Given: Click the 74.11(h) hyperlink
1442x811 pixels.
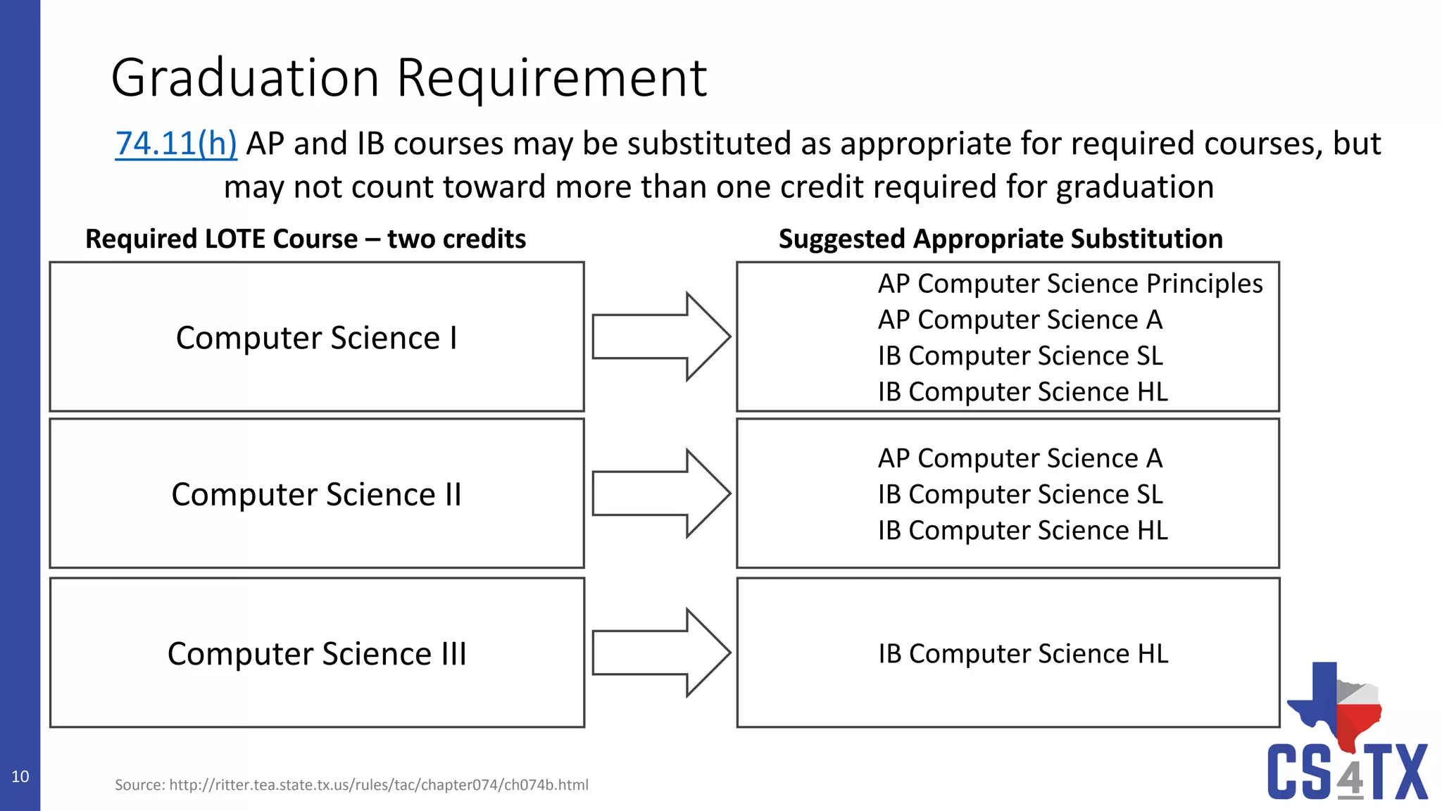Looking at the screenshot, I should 176,144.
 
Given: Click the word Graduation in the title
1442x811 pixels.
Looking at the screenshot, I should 245,77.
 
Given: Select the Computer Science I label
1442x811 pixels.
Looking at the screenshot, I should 316,338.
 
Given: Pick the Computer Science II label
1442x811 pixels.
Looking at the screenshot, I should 316,494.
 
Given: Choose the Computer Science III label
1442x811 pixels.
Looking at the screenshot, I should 316,654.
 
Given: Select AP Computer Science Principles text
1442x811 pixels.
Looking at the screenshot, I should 1070,284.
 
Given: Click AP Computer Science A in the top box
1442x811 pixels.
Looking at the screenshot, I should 1020,320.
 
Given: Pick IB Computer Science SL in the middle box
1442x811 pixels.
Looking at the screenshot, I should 1020,494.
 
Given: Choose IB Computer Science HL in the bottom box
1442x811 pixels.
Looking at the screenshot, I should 1022,654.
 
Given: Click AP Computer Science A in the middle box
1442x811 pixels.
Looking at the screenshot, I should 1020,458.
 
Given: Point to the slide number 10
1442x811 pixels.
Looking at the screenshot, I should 20,777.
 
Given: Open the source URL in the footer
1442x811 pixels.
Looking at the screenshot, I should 378,785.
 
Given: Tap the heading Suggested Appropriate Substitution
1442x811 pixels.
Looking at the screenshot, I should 1000,239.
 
